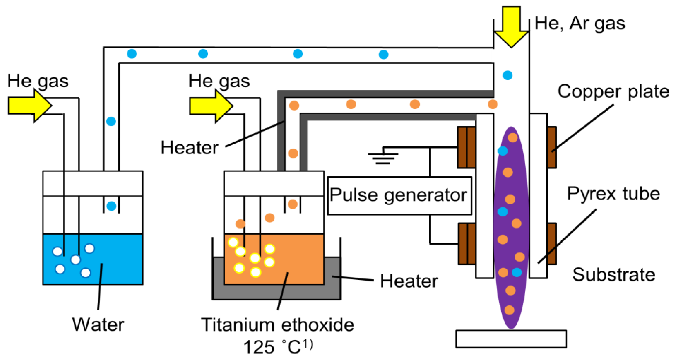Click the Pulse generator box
tap(399, 195)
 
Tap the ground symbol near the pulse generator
tap(383, 156)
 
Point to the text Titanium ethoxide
tap(277, 325)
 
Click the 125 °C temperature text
tap(277, 347)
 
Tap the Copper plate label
tap(613, 92)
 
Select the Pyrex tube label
tap(613, 194)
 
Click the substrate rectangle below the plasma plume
tap(511, 339)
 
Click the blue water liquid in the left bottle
tap(118, 259)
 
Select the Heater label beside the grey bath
tap(409, 281)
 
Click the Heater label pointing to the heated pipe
tap(189, 148)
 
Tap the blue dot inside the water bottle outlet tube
tap(111, 206)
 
